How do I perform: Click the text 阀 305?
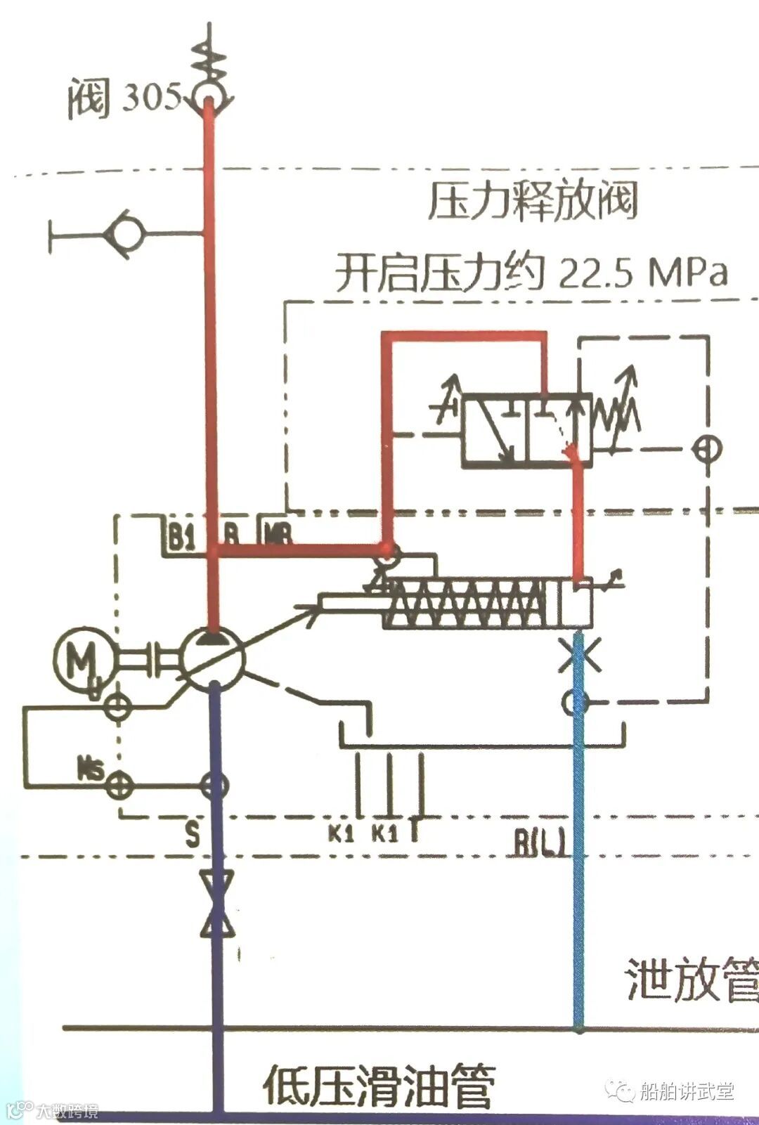(x=124, y=98)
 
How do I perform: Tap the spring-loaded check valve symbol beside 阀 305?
(x=209, y=88)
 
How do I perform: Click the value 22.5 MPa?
(x=642, y=273)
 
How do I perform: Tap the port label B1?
(x=181, y=539)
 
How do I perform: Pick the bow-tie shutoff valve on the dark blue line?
(x=216, y=904)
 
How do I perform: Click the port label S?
(x=192, y=835)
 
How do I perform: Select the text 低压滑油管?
(x=379, y=1085)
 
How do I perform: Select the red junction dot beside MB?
(x=386, y=548)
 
